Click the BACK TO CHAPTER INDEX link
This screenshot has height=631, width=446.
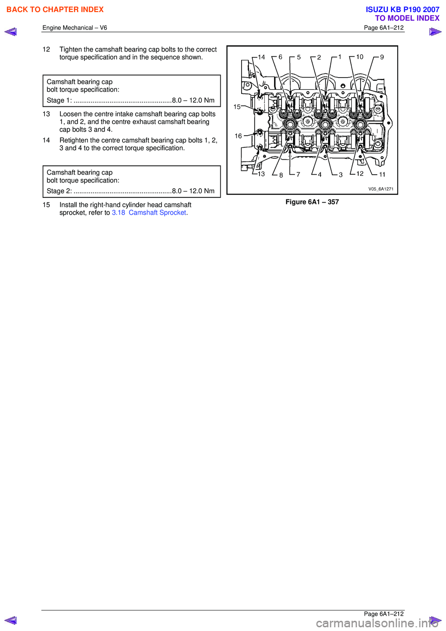click(55, 10)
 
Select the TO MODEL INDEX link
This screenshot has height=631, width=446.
click(407, 18)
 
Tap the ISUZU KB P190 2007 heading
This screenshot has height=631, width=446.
click(402, 9)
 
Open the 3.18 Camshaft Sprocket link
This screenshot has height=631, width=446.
click(149, 213)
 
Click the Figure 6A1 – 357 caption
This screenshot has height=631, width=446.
click(312, 202)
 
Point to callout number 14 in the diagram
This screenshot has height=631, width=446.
click(262, 57)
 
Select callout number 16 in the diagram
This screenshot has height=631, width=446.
click(238, 136)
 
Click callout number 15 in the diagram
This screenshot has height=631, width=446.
click(237, 107)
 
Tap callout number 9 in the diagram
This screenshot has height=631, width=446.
click(382, 57)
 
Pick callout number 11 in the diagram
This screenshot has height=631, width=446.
click(382, 175)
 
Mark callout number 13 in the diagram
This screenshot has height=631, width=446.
click(261, 174)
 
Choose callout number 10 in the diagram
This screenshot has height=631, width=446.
click(360, 57)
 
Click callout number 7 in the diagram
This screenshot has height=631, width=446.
click(298, 175)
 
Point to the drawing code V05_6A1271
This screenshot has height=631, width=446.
click(380, 189)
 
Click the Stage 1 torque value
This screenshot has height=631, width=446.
click(193, 100)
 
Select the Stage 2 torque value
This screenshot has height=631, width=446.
click(193, 191)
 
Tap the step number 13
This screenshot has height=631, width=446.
click(46, 114)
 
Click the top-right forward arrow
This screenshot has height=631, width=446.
click(435, 32)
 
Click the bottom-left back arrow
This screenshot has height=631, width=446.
click(11, 620)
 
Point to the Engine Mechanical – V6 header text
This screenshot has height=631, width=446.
click(75, 28)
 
